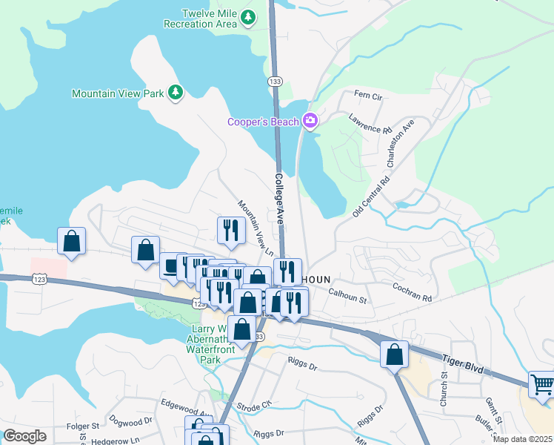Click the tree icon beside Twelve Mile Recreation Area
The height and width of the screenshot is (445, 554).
(250, 17)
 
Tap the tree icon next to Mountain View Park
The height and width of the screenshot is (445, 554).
(176, 92)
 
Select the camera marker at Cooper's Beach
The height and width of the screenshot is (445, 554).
(310, 121)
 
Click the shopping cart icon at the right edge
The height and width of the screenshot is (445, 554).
(542, 385)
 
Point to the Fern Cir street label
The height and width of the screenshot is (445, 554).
(368, 96)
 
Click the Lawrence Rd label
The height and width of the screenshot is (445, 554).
(371, 124)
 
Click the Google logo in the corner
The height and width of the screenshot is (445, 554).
(24, 436)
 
